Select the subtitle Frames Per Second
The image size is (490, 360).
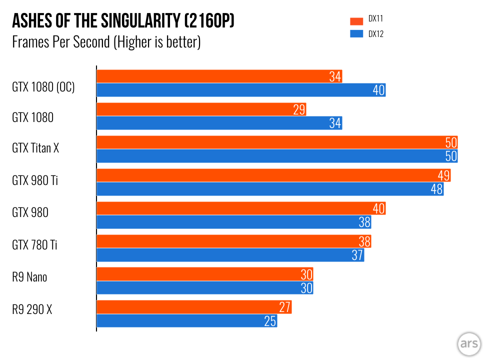tap(106, 42)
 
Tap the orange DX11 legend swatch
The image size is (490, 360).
tap(356, 21)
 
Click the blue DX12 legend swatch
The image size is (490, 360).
tap(356, 34)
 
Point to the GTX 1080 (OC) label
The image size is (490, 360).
tap(43, 87)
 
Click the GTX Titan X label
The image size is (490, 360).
tap(35, 148)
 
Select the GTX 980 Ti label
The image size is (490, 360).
tap(35, 180)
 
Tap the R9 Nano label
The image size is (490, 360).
tap(29, 276)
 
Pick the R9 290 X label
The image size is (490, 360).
tap(32, 309)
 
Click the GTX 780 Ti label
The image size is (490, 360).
tap(35, 245)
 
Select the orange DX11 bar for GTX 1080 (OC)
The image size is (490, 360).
tap(219, 76)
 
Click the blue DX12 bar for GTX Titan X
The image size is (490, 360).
tap(277, 156)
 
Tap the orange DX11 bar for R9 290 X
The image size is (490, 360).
tap(194, 307)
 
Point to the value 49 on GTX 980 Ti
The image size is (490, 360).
tap(443, 175)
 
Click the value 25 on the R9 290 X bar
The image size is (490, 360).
tap(270, 321)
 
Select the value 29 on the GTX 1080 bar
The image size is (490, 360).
tap(299, 109)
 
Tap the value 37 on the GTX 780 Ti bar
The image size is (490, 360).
tap(357, 255)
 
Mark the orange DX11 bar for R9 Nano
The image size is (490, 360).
tap(204, 274)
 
